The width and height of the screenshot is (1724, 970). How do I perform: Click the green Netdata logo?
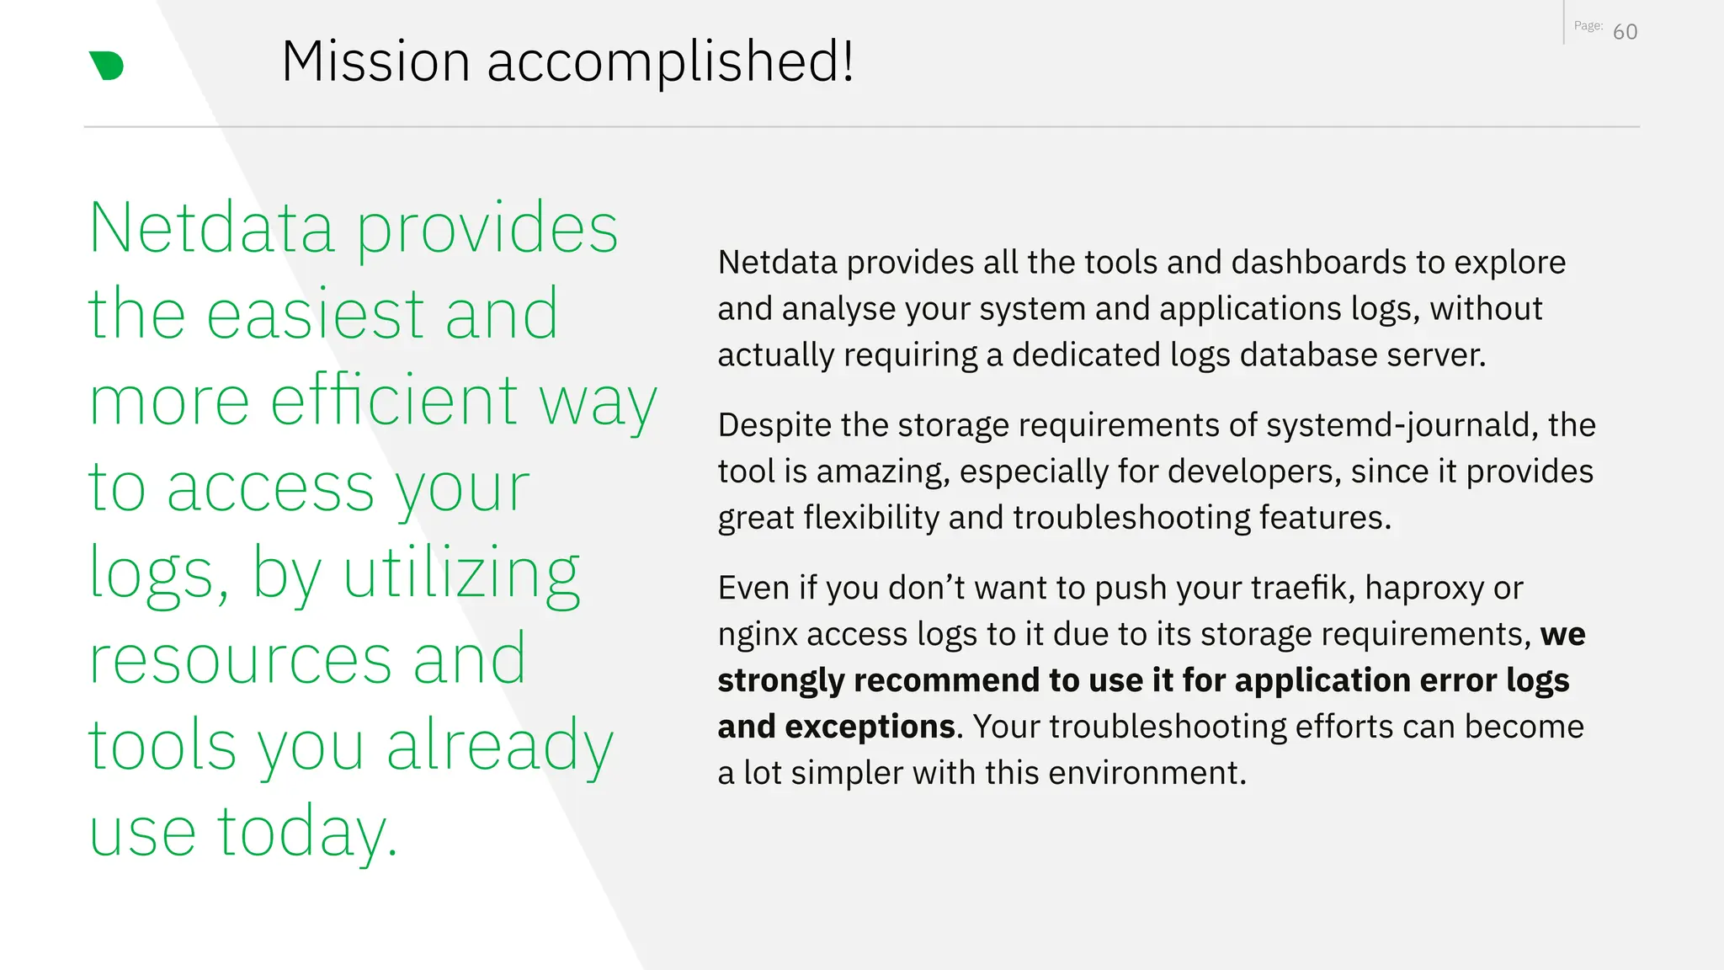107,66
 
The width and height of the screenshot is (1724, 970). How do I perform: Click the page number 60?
1625,32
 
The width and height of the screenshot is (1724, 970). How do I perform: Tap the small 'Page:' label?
1588,26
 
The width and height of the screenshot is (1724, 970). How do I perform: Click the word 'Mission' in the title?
375,61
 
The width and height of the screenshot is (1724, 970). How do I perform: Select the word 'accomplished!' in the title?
670,61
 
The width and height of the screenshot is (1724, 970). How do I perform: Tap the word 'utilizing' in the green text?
461,573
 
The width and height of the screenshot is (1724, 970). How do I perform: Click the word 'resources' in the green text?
241,660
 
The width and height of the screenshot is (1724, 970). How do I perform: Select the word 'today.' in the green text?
307,832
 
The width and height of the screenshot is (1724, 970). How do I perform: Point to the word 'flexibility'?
871,518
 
